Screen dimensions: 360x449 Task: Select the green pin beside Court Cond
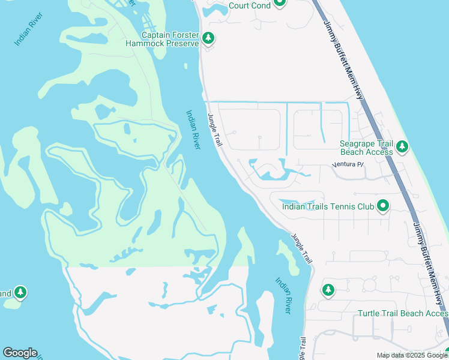click(279, 3)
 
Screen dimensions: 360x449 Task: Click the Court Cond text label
click(250, 6)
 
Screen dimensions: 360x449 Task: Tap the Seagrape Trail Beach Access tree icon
click(402, 146)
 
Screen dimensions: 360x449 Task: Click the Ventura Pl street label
click(348, 164)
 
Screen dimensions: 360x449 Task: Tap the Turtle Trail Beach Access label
click(403, 314)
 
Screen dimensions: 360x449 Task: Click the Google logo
click(20, 353)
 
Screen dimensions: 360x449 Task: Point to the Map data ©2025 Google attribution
click(412, 355)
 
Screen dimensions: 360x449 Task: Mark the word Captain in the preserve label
click(158, 35)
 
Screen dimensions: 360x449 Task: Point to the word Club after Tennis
click(363, 207)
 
